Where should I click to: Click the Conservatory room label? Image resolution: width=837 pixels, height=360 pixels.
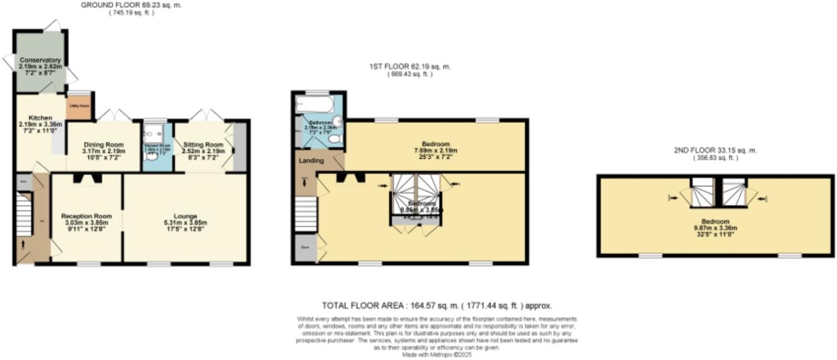(40, 60)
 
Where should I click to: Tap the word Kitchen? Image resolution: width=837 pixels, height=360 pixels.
(41, 118)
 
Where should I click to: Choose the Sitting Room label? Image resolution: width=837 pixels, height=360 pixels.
(203, 144)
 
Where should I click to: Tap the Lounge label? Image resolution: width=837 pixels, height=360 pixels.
(185, 216)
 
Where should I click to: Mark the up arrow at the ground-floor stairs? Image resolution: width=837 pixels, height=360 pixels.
(23, 244)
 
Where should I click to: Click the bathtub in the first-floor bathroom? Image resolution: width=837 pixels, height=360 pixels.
(315, 104)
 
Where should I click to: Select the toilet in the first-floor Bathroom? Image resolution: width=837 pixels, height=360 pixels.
(335, 141)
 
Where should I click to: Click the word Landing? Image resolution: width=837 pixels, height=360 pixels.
(312, 161)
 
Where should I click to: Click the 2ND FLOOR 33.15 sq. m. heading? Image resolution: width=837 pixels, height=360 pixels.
(714, 151)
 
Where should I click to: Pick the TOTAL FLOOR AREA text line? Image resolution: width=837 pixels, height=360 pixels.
(437, 306)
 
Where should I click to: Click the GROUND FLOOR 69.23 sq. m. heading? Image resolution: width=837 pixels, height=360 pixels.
(131, 5)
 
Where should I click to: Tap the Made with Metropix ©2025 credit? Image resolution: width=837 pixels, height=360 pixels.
(437, 354)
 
